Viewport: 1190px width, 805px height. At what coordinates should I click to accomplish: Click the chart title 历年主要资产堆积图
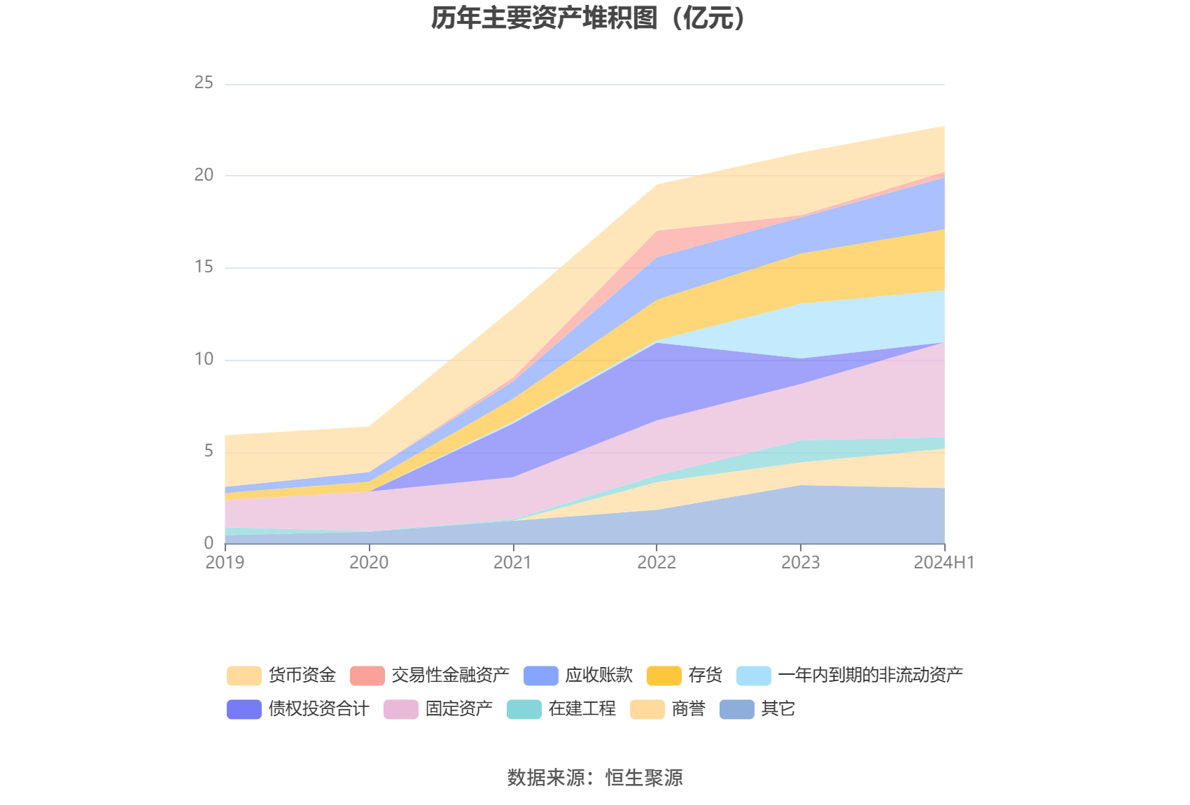[x=588, y=19]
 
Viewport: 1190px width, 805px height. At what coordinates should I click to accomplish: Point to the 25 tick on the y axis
[x=204, y=83]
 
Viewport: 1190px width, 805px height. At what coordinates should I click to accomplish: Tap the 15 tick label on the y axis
[x=204, y=267]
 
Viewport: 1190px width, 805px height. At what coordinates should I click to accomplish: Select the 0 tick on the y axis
[x=209, y=542]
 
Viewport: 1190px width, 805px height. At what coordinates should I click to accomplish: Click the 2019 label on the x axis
[x=225, y=563]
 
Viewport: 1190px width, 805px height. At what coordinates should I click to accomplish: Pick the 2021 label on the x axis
[x=512, y=563]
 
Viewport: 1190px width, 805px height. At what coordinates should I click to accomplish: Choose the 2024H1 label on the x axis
[x=944, y=563]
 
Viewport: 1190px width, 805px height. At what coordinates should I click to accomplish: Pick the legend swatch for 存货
[x=664, y=675]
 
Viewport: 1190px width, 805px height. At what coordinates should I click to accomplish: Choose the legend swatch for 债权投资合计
[x=244, y=709]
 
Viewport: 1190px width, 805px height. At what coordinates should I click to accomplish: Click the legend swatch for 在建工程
[x=524, y=709]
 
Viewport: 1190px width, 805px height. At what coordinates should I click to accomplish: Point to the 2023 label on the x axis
[x=800, y=563]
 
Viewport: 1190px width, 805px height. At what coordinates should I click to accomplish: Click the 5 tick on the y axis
[x=209, y=451]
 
